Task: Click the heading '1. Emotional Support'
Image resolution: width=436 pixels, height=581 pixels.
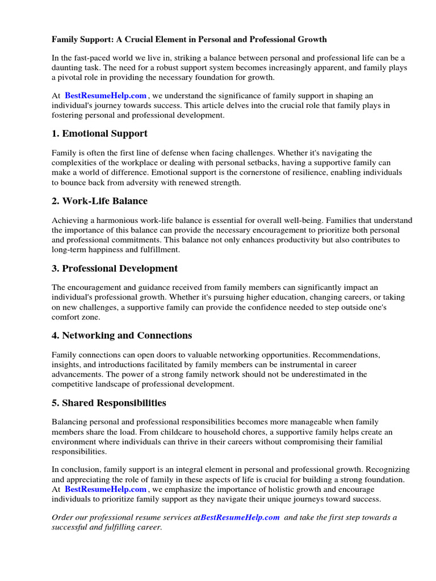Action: [99, 134]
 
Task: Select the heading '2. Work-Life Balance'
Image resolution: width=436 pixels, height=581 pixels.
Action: [99, 201]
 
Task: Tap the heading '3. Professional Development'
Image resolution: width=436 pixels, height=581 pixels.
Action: [115, 269]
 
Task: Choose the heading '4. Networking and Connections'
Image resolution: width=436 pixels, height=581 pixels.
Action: [121, 336]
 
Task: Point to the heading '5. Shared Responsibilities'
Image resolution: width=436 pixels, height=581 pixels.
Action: [109, 403]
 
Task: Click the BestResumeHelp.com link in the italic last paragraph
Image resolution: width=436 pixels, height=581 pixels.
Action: [240, 517]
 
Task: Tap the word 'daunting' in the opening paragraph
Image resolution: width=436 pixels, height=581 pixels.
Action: [68, 68]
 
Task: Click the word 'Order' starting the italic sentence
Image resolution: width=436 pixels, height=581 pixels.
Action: [62, 517]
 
